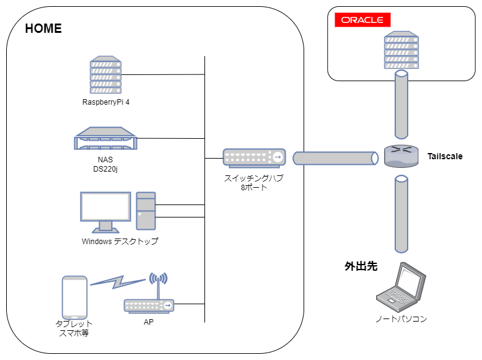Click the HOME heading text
point(43,29)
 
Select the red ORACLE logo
point(362,20)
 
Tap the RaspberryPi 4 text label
point(106,102)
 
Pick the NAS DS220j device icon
point(105,139)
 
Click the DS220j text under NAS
point(105,168)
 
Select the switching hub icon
point(254,158)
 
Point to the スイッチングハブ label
point(254,178)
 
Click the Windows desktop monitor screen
point(105,206)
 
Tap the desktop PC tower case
point(146,211)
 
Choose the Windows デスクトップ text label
point(120,241)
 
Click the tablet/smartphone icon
point(75,297)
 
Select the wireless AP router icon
point(149,304)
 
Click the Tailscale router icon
point(401,156)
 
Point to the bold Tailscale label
point(445,156)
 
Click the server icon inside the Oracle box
point(401,51)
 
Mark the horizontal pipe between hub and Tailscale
point(335,158)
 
